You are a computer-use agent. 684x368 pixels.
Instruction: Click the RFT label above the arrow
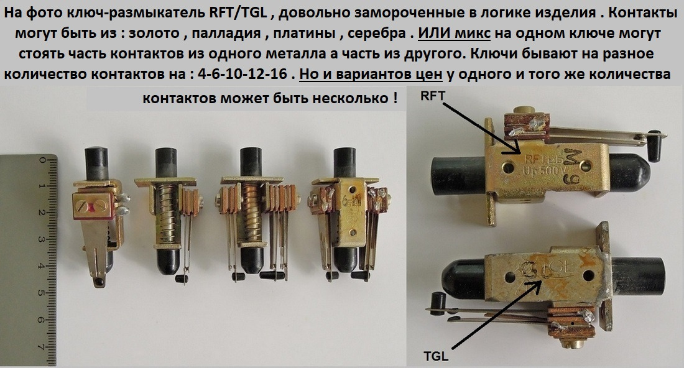[x=432, y=96]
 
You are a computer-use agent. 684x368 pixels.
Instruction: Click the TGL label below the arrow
[x=436, y=356]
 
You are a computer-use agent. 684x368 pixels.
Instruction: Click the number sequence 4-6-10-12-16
[x=243, y=74]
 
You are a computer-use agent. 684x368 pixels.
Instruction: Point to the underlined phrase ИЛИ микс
[x=454, y=33]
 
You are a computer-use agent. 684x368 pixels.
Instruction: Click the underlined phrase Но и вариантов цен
[x=371, y=74]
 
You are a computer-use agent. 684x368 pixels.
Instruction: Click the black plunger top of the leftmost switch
[x=96, y=163]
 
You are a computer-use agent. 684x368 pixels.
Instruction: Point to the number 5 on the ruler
[x=42, y=293]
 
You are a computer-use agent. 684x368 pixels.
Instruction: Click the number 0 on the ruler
[x=42, y=160]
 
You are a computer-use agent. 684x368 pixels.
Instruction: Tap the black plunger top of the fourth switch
[x=344, y=163]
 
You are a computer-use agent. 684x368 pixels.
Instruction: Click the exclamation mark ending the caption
[x=394, y=98]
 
